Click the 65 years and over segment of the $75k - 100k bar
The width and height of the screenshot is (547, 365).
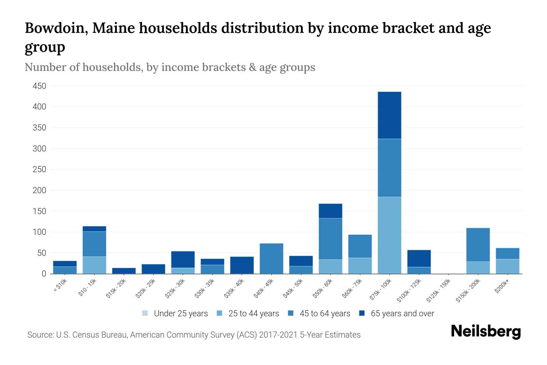click(389, 115)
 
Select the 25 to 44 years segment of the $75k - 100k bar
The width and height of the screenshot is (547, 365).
click(389, 235)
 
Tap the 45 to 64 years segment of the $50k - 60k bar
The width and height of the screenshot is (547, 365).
click(330, 239)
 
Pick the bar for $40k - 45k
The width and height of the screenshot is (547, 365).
click(271, 259)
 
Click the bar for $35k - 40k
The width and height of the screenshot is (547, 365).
click(242, 265)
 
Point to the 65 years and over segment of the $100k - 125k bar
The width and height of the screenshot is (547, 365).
click(419, 259)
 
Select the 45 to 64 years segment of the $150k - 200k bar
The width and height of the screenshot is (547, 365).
click(478, 245)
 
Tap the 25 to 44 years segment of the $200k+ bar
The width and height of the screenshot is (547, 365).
click(507, 266)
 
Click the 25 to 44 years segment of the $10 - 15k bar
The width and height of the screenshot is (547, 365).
click(94, 265)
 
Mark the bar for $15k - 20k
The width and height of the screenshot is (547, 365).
click(124, 271)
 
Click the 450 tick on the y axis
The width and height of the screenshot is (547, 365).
click(39, 86)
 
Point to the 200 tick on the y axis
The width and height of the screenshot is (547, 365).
click(39, 190)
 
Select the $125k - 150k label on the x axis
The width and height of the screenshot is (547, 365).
click(438, 292)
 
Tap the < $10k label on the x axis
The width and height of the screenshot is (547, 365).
click(60, 286)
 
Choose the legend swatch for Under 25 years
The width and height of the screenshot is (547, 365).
click(145, 313)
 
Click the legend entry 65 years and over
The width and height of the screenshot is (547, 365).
click(402, 313)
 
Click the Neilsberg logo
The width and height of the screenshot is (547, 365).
click(486, 332)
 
